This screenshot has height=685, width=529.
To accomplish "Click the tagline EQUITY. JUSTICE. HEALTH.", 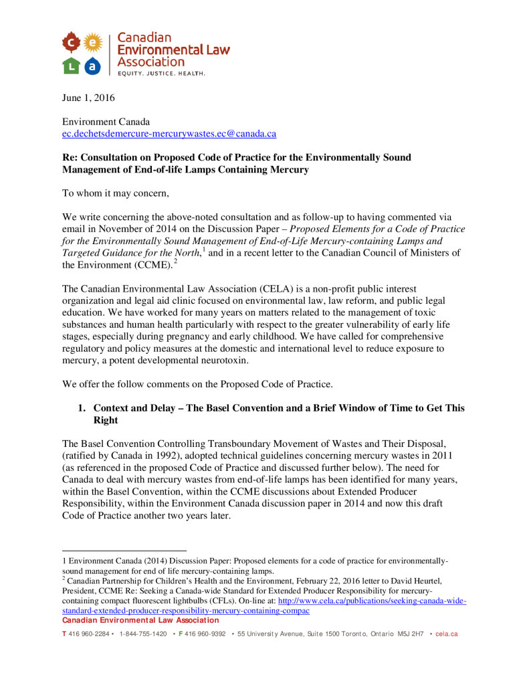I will tap(161, 73).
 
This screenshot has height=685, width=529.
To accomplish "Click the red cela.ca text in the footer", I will tap(446, 633).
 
